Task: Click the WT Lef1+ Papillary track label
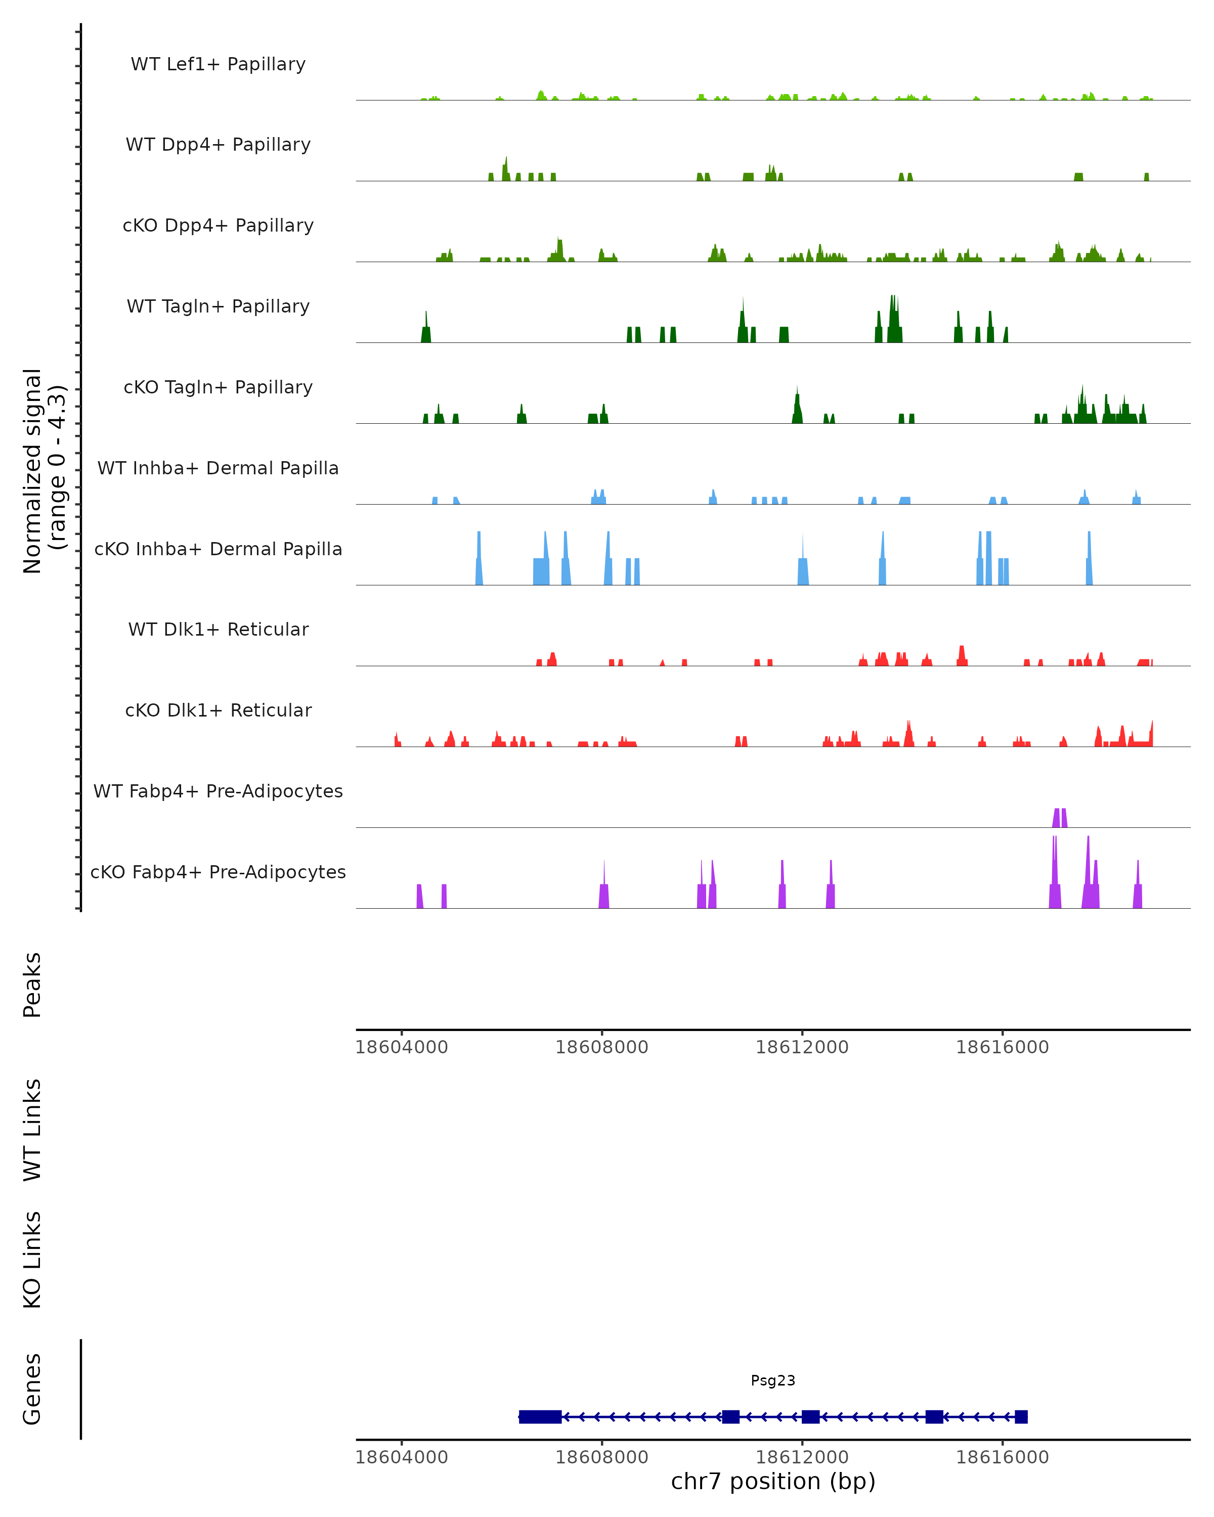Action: click(218, 64)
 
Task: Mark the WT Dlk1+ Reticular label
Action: click(218, 629)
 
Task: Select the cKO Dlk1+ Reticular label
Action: click(218, 710)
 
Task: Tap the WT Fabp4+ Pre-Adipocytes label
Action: click(218, 791)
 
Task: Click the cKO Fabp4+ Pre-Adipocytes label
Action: click(218, 872)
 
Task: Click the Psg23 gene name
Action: click(773, 1380)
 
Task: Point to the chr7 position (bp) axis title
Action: click(773, 1481)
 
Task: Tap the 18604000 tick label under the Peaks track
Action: click(401, 1047)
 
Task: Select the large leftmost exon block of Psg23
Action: click(540, 1416)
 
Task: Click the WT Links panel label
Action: click(32, 1130)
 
